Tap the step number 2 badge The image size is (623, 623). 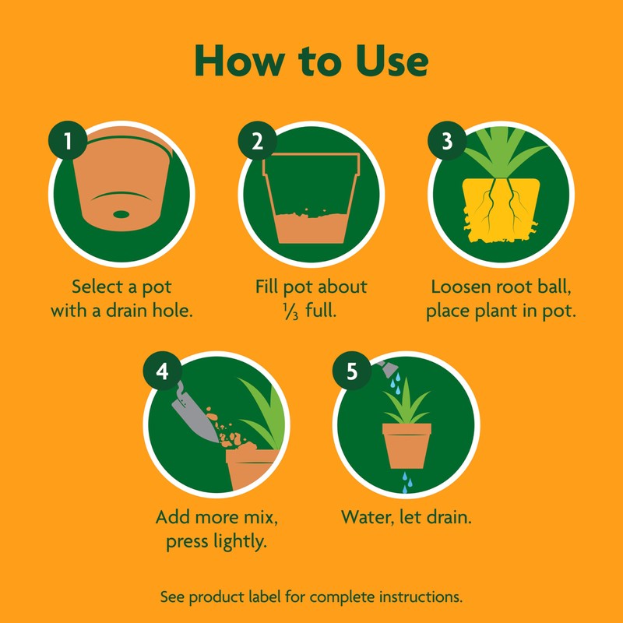click(x=258, y=141)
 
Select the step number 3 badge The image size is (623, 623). click(x=446, y=141)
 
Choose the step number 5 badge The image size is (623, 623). click(x=352, y=371)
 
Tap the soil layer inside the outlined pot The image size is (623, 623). click(x=311, y=227)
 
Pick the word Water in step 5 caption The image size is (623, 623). click(x=366, y=517)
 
